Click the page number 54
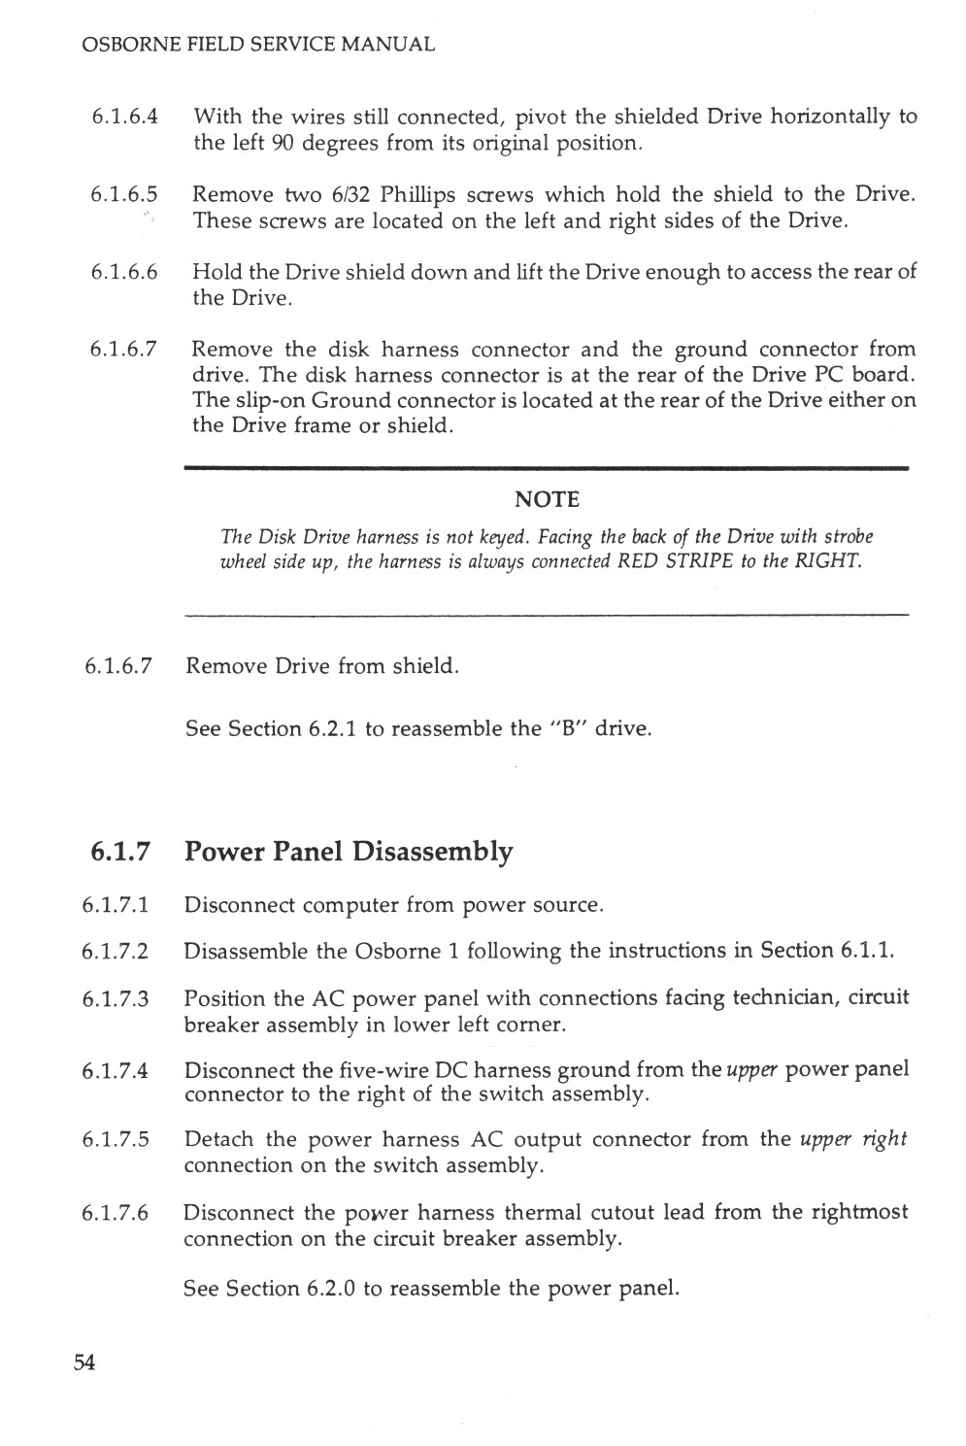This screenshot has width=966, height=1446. click(84, 1363)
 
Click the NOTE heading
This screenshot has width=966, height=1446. click(547, 500)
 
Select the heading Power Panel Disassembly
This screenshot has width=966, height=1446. click(349, 852)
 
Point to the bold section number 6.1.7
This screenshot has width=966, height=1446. click(120, 852)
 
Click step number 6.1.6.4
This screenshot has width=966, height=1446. click(125, 118)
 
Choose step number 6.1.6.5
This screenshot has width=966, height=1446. click(125, 194)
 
